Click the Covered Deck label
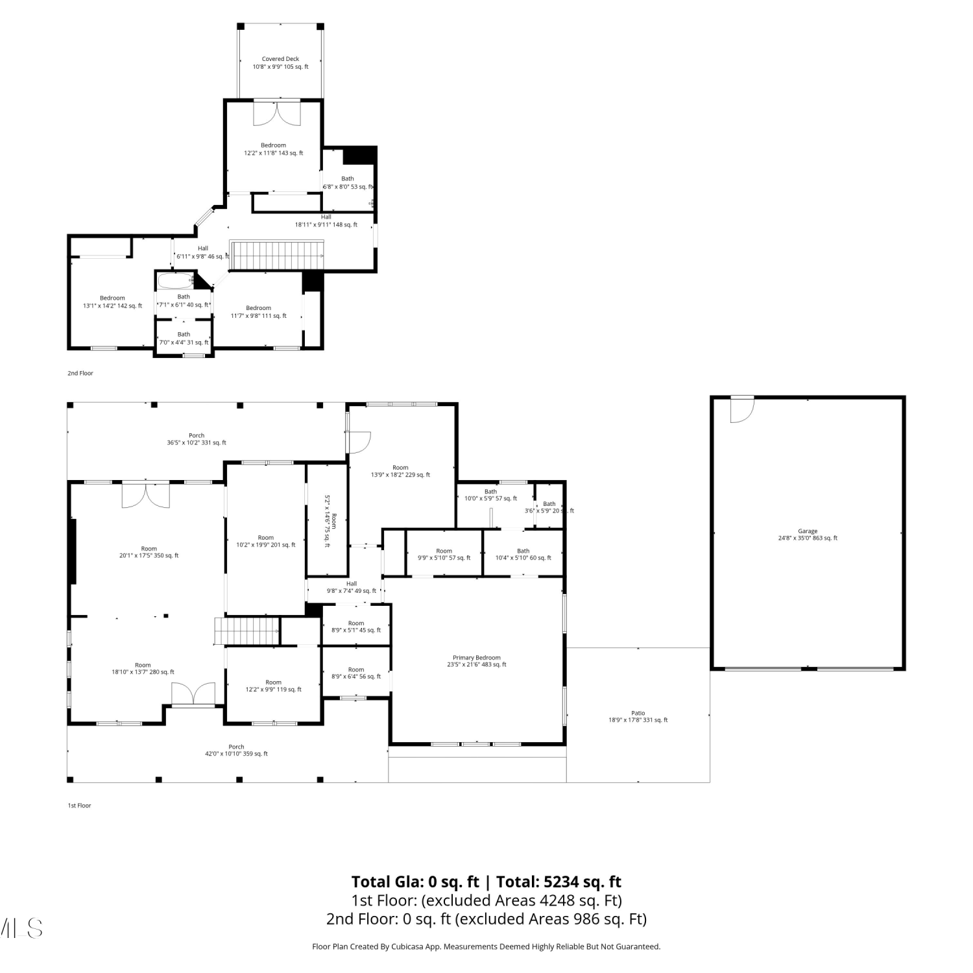tap(280, 59)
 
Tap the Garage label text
tap(808, 531)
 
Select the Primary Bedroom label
tap(477, 658)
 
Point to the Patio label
tap(638, 713)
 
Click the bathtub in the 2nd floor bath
tap(175, 282)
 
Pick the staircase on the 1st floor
tap(247, 631)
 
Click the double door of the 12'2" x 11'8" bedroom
tap(277, 113)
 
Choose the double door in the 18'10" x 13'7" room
tap(193, 693)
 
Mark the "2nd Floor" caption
tap(80, 373)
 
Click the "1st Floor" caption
tap(80, 806)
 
